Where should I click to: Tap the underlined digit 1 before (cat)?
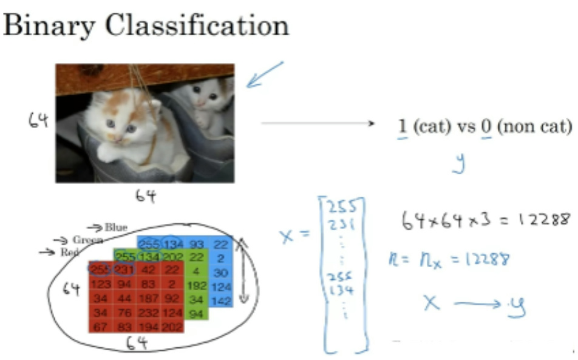401,127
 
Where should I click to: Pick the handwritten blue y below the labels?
460,162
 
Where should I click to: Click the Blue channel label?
115,228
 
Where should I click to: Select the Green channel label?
87,240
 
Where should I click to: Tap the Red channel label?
69,252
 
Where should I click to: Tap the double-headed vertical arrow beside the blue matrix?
243,270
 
